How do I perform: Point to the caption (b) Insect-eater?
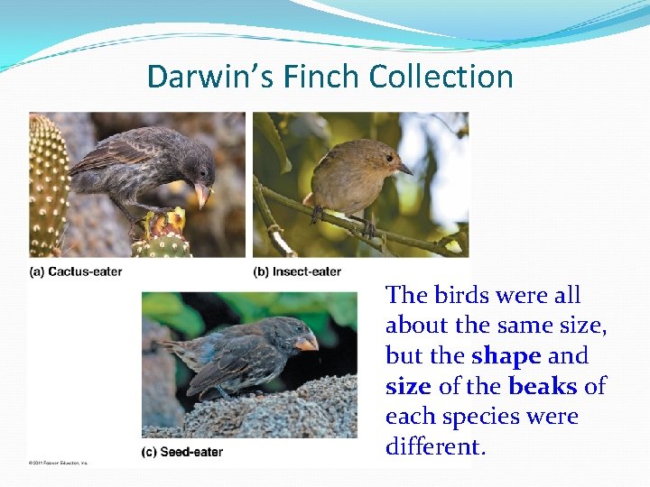click(297, 271)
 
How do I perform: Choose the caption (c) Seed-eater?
click(181, 452)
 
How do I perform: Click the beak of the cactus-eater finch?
click(202, 193)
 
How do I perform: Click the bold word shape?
click(506, 356)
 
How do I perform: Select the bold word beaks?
click(543, 387)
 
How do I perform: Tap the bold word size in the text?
click(408, 387)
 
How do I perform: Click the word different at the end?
click(435, 447)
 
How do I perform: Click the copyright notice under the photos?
click(59, 463)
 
